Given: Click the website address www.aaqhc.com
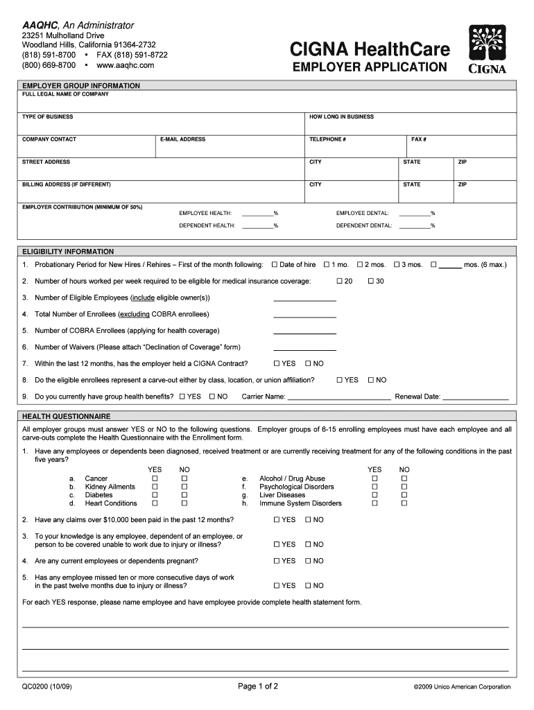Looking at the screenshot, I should click(126, 65).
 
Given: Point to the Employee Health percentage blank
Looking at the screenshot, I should click(257, 213).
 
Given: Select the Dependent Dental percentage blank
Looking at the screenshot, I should click(414, 225).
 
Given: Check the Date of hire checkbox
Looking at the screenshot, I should click(275, 265).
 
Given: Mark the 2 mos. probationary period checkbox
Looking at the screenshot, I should click(360, 265).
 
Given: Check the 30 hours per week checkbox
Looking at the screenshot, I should click(371, 282).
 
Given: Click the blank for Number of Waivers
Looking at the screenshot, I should click(304, 347).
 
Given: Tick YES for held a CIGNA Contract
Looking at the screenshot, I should click(277, 364).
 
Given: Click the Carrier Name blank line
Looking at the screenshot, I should click(338, 397).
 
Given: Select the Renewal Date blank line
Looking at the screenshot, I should click(475, 397).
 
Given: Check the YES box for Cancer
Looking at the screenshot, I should click(155, 479).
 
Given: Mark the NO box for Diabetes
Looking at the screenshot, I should click(184, 496).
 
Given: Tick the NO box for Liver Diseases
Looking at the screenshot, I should click(404, 496).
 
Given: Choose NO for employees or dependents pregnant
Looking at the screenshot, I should click(309, 562).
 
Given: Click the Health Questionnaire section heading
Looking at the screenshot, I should click(67, 417).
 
